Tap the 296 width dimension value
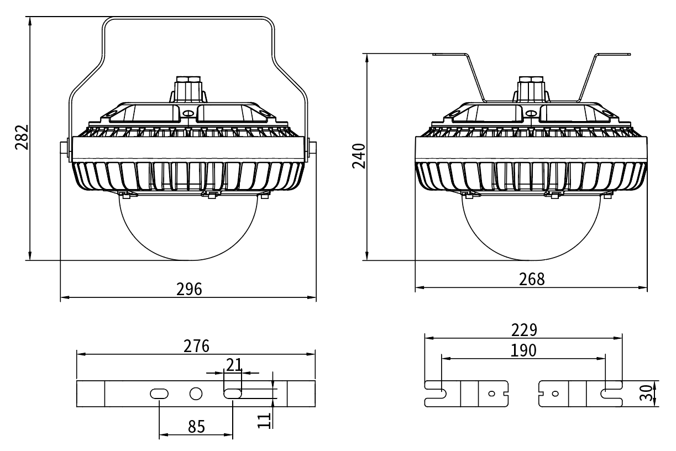[189, 289]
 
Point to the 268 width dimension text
[531, 279]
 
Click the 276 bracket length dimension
[197, 346]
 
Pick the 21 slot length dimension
[233, 364]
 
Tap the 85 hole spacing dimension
[196, 427]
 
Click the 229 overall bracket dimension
[523, 330]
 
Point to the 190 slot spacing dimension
[523, 350]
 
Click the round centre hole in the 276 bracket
[196, 394]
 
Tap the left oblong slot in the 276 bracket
[159, 394]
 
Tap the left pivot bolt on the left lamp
[64, 147]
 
